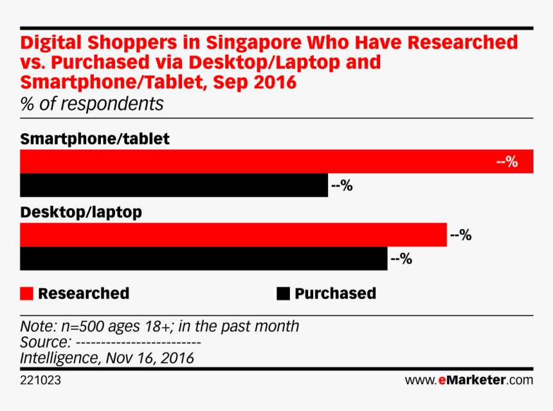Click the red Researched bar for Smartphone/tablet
pyautogui.click(x=257, y=161)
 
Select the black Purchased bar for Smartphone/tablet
pyautogui.click(x=174, y=185)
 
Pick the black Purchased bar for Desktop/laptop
pyautogui.click(x=203, y=259)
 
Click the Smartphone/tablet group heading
pyautogui.click(x=95, y=139)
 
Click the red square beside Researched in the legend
pyautogui.click(x=26, y=294)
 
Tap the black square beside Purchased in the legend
pyautogui.click(x=283, y=294)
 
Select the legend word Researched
pyautogui.click(x=84, y=294)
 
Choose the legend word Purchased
pyautogui.click(x=335, y=294)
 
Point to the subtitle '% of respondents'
pyautogui.click(x=92, y=104)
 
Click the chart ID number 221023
pyautogui.click(x=41, y=380)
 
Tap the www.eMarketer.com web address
pyautogui.click(x=469, y=380)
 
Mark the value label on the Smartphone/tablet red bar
pyautogui.click(x=507, y=162)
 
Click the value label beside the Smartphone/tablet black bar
pyautogui.click(x=341, y=186)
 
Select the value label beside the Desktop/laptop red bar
pyautogui.click(x=461, y=235)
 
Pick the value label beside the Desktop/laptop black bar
pyautogui.click(x=401, y=259)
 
